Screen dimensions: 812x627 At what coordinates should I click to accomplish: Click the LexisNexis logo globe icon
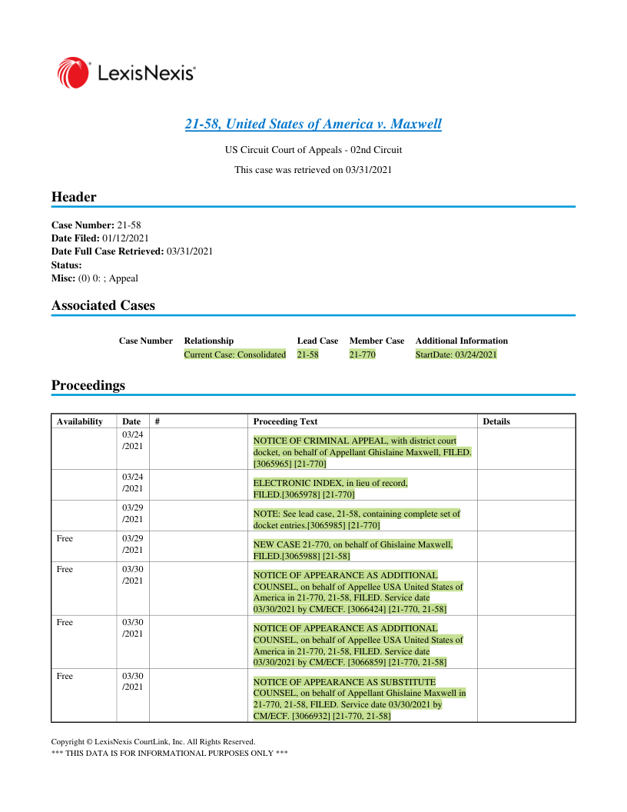[72, 72]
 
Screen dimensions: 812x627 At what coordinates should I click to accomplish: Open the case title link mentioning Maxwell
[313, 124]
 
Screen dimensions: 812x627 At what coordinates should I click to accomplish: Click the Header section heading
[74, 197]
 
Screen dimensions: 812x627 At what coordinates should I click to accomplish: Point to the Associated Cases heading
[103, 305]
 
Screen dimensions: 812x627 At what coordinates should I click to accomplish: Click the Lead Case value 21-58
[307, 354]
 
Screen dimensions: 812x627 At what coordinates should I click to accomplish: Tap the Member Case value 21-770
[362, 354]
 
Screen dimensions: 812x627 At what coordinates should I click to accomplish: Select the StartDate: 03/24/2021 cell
[456, 354]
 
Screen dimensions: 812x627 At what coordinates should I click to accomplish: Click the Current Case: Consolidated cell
[234, 354]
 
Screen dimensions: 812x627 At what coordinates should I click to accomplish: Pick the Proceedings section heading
[88, 385]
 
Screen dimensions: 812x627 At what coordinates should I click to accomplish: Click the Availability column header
[79, 421]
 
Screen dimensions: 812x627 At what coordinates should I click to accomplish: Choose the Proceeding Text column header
[285, 421]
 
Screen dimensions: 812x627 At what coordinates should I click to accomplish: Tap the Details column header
[496, 421]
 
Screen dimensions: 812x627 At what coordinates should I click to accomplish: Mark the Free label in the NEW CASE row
[65, 539]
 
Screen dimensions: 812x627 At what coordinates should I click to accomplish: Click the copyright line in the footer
[153, 742]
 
